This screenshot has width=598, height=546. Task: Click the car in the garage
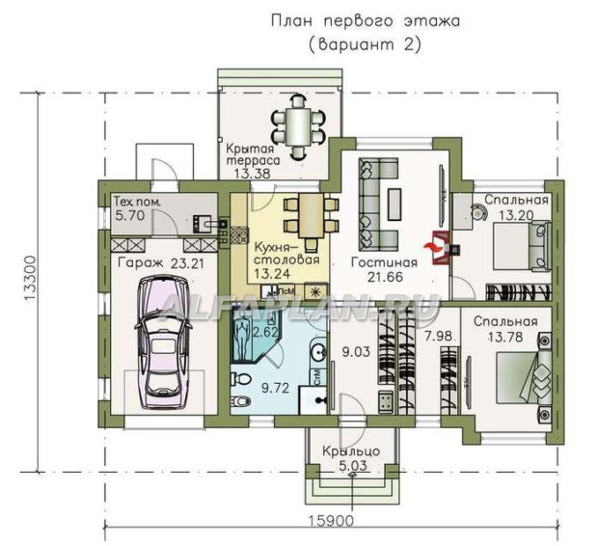click(163, 342)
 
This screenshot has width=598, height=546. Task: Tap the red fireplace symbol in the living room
click(439, 247)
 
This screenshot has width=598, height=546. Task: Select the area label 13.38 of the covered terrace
click(252, 174)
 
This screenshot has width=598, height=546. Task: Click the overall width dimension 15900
click(331, 520)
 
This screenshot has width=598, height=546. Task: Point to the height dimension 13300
click(30, 280)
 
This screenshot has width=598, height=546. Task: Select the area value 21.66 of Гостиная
click(385, 277)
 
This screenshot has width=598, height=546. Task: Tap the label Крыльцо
click(351, 451)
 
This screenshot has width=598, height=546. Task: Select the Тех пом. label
click(137, 202)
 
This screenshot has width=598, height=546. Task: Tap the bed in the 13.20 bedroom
click(523, 246)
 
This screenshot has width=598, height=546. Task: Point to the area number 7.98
click(439, 336)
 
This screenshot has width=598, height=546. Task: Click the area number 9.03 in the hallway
click(356, 351)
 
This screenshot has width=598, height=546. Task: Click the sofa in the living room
click(377, 205)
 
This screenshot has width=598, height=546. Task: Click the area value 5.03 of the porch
click(352, 466)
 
